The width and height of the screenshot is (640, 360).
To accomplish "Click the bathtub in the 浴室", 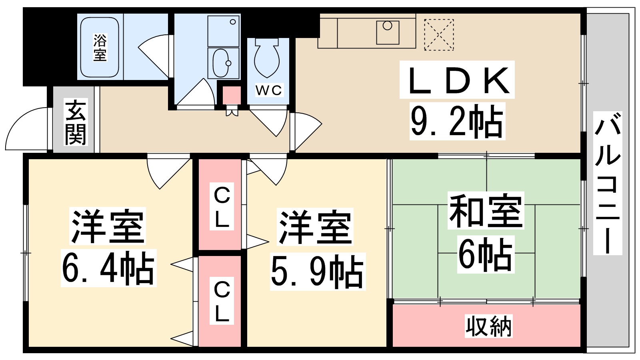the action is (x=100, y=47).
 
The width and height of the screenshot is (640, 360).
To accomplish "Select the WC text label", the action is (x=269, y=90).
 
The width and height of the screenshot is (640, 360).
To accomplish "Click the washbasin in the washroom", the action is (x=221, y=63).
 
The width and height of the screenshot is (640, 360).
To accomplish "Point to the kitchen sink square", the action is (x=388, y=32).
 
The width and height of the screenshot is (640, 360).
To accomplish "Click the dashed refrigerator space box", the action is (x=439, y=34).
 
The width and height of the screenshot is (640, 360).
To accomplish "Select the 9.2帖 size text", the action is (x=457, y=121).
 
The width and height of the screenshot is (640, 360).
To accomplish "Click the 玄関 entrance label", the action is (x=76, y=122).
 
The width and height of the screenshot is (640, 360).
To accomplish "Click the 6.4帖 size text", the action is (x=108, y=268).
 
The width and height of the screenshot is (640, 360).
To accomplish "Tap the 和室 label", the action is (x=486, y=210).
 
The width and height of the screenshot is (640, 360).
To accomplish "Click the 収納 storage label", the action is (x=488, y=326).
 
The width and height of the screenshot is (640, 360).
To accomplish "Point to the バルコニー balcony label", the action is (x=608, y=183).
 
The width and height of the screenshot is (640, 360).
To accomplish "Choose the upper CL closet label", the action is (x=222, y=206).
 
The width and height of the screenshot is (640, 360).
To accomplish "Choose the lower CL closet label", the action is (x=222, y=300).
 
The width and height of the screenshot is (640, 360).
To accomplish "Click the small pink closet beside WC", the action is (x=232, y=95).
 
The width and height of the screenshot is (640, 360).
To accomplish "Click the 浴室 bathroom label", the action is (x=100, y=48).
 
